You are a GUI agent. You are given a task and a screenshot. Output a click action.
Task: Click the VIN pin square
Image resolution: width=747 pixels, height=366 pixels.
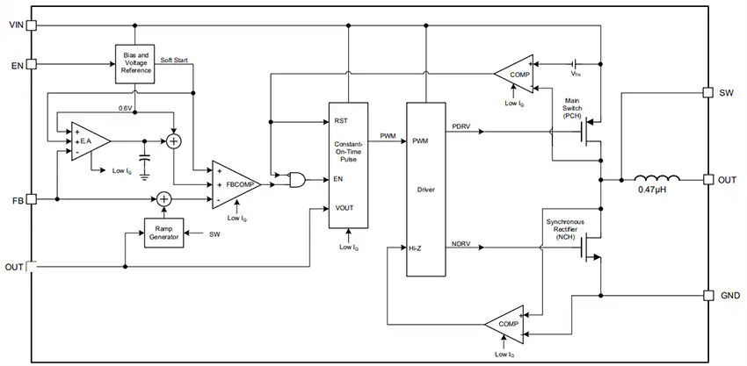pyautogui.click(x=32, y=25)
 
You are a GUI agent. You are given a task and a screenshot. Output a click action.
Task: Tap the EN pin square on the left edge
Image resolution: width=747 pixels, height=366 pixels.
pyautogui.click(x=32, y=64)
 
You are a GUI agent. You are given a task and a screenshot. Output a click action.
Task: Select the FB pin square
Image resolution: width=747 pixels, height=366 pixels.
pyautogui.click(x=32, y=199)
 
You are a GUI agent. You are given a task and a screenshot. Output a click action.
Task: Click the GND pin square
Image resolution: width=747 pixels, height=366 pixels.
pyautogui.click(x=708, y=296)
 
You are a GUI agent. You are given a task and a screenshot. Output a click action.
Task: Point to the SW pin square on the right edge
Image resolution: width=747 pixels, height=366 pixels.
pyautogui.click(x=708, y=92)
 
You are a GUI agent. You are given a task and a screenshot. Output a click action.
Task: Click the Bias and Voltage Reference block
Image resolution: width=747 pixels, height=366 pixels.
pyautogui.click(x=134, y=64)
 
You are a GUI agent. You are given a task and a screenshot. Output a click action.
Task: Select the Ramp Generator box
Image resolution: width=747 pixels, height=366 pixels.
pyautogui.click(x=163, y=233)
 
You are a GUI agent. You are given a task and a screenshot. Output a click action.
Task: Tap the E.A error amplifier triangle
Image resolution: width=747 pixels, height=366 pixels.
pyautogui.click(x=91, y=141)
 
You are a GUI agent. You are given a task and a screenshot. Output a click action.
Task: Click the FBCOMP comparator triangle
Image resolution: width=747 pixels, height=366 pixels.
pyautogui.click(x=236, y=184)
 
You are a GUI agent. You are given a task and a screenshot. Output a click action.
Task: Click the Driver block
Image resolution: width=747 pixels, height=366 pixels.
pyautogui.click(x=426, y=189)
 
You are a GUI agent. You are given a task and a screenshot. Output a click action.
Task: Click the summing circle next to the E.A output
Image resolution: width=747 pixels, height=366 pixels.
pyautogui.click(x=173, y=141)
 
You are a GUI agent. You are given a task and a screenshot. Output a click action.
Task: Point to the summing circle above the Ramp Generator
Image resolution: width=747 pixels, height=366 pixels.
pyautogui.click(x=163, y=199)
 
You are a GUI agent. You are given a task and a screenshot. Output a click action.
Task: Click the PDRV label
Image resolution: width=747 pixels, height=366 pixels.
pyautogui.click(x=461, y=126)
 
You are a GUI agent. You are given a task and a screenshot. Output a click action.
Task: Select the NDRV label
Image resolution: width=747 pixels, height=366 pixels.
pyautogui.click(x=461, y=245)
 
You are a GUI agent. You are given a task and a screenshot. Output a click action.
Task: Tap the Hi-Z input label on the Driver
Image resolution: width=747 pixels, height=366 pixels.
pyautogui.click(x=415, y=248)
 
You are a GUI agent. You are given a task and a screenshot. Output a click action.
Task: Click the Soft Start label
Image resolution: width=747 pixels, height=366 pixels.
pyautogui.click(x=174, y=60)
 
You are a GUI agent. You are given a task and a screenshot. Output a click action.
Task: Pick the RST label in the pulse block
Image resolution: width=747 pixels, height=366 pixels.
pyautogui.click(x=342, y=121)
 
